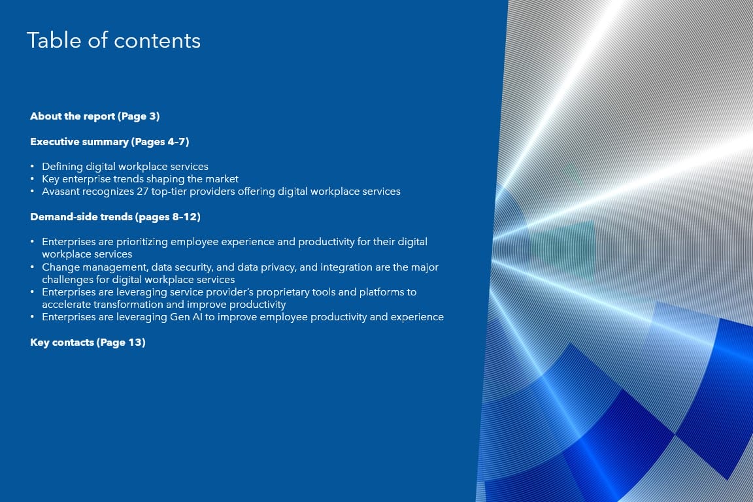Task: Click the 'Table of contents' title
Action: click(114, 41)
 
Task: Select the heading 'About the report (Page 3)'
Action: click(95, 116)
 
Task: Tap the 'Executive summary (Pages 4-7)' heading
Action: click(110, 142)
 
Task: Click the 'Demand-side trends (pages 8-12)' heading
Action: click(115, 217)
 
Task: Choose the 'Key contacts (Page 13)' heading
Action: click(88, 343)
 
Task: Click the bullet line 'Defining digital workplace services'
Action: click(125, 167)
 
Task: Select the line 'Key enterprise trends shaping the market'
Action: click(141, 179)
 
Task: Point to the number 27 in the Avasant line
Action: click(142, 192)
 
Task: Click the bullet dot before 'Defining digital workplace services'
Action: click(32, 167)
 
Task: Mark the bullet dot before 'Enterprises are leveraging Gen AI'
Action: click(32, 317)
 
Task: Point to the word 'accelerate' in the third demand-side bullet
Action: click(66, 305)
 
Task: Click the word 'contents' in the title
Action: click(157, 41)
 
